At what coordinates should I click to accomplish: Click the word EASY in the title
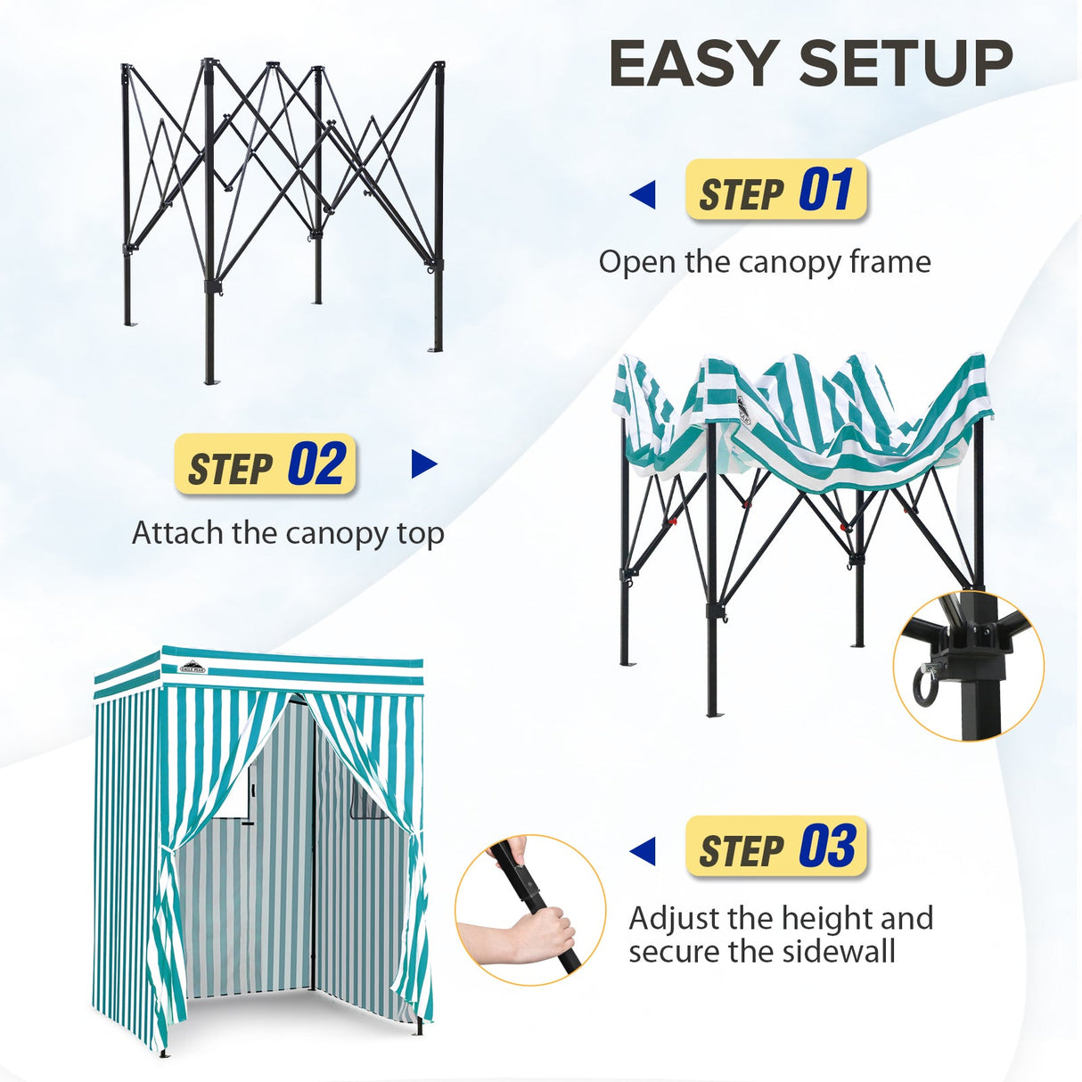693,64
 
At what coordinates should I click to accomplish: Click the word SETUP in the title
906,64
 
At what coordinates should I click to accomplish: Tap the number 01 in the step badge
825,190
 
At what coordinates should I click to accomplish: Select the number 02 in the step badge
316,464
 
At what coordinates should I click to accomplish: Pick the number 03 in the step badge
827,847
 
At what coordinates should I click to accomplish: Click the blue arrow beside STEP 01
643,194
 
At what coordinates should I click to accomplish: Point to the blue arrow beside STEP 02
424,464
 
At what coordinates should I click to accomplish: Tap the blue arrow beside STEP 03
643,851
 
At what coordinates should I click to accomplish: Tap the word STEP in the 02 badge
230,468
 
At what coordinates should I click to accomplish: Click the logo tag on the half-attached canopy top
742,409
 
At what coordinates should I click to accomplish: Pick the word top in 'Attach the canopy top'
421,533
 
